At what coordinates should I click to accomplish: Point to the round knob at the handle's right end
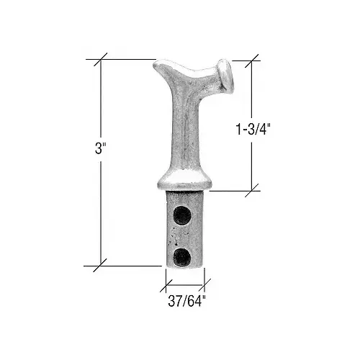pos(227,77)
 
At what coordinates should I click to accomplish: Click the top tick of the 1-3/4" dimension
pos(252,60)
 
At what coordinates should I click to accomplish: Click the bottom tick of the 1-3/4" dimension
pos(252,191)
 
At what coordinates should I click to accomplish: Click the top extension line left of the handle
pos(130,59)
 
